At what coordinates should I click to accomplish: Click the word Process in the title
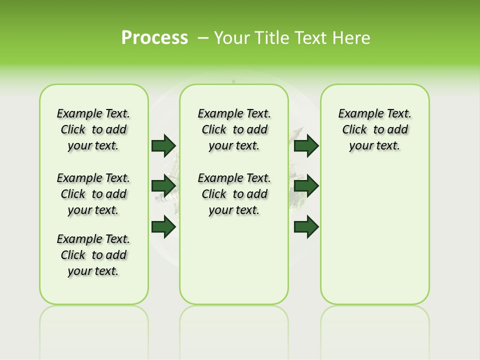coord(154,37)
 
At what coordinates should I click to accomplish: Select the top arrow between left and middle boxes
coord(163,145)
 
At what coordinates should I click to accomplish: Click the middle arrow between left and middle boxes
coord(163,186)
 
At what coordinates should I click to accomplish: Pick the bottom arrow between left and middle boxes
coord(163,227)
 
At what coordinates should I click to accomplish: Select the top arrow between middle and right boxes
coord(306,145)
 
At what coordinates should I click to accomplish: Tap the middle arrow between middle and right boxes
coord(306,186)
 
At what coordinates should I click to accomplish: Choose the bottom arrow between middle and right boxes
coord(306,227)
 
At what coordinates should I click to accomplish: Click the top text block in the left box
coord(93,129)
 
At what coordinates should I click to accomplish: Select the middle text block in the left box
coord(93,194)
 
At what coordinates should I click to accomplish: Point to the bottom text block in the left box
coord(93,255)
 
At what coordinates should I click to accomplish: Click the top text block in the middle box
coord(234,129)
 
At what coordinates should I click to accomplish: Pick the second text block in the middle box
coord(234,194)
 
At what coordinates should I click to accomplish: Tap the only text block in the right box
coord(374,129)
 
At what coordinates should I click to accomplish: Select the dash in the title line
coord(203,37)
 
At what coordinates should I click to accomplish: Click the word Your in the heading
coord(232,37)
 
